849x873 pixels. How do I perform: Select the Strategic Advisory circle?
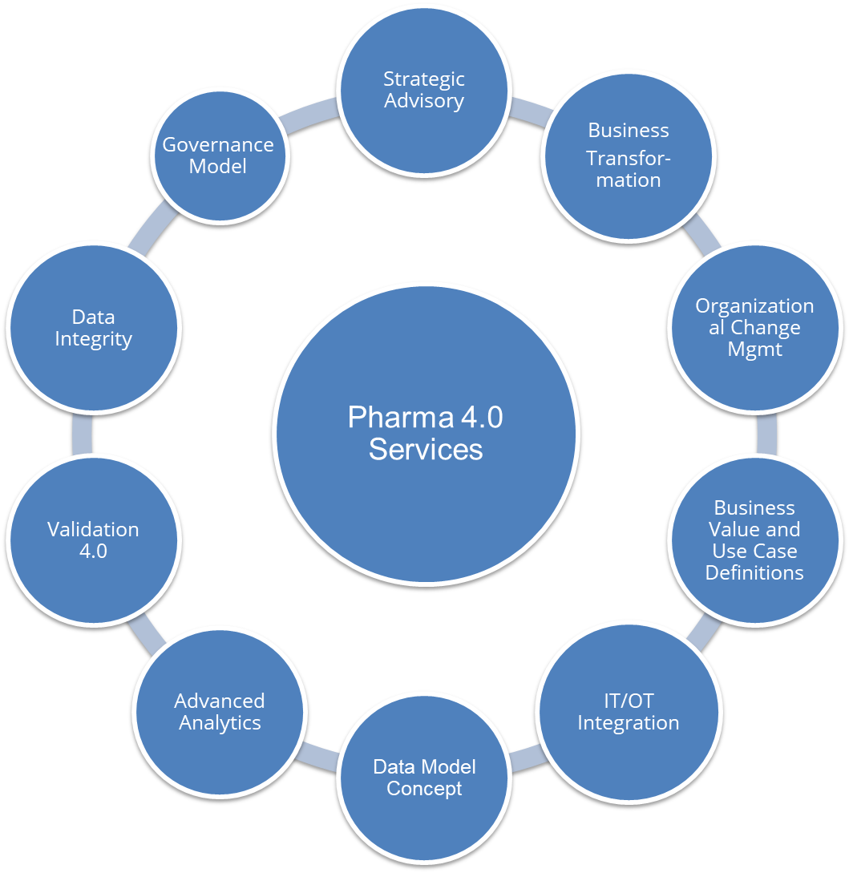[x=424, y=90]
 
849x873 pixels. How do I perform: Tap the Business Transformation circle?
[x=629, y=155]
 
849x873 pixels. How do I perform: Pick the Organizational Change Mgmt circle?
[x=754, y=328]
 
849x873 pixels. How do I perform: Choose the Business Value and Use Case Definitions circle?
[x=754, y=540]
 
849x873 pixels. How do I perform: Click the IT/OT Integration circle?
[x=629, y=712]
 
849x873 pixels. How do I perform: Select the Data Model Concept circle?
[x=424, y=778]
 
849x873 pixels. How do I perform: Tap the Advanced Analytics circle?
[x=220, y=712]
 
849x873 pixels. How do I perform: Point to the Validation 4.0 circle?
[x=93, y=540]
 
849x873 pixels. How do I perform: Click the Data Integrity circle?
[x=93, y=328]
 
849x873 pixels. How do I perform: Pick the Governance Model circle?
[x=219, y=156]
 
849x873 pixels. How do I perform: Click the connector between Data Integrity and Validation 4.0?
[x=83, y=434]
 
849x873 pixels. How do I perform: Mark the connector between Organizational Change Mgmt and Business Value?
[x=766, y=434]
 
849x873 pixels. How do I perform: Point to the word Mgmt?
[x=754, y=350]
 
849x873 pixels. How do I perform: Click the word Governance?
[x=218, y=145]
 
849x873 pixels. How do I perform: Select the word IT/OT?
[x=629, y=701]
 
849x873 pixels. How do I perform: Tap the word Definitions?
[x=754, y=572]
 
